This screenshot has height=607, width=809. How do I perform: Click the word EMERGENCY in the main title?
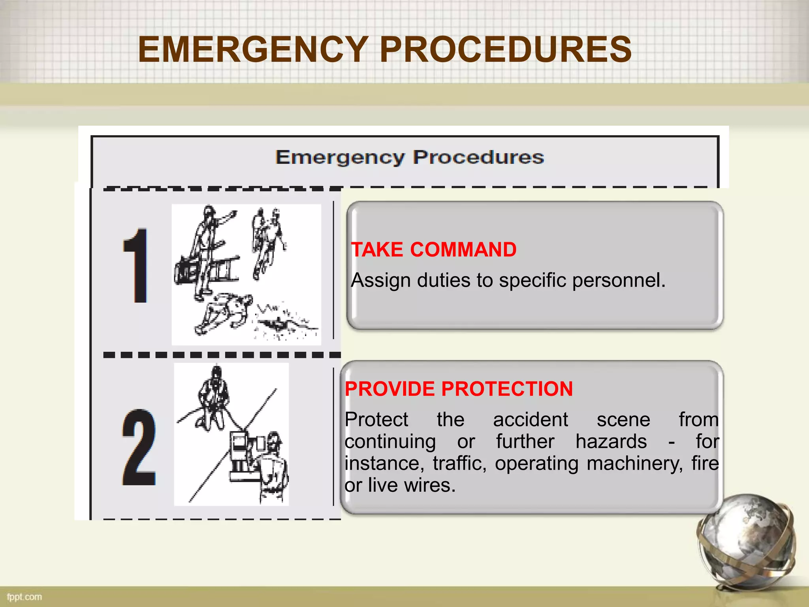coord(253,49)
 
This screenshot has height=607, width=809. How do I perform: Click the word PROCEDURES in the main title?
coord(506,49)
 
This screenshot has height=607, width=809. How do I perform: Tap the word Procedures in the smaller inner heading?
coord(478,157)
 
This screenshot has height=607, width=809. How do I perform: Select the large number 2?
coord(139,448)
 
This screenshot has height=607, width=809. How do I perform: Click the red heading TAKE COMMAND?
coord(433,250)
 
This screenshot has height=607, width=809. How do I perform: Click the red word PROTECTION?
coord(507,389)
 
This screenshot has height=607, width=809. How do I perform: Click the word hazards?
coord(611,441)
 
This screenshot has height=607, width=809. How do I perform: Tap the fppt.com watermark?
coord(24,597)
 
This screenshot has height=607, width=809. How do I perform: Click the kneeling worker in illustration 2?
coord(213,399)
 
